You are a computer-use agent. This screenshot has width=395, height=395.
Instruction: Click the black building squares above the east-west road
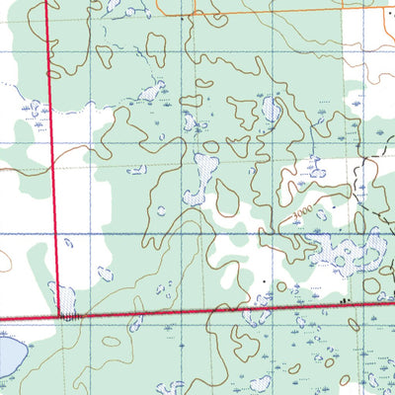tap(344, 297)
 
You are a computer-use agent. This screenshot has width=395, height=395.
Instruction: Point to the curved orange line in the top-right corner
tap(375, 59)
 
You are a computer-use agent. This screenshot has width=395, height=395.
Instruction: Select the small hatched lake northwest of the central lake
tap(151, 92)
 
